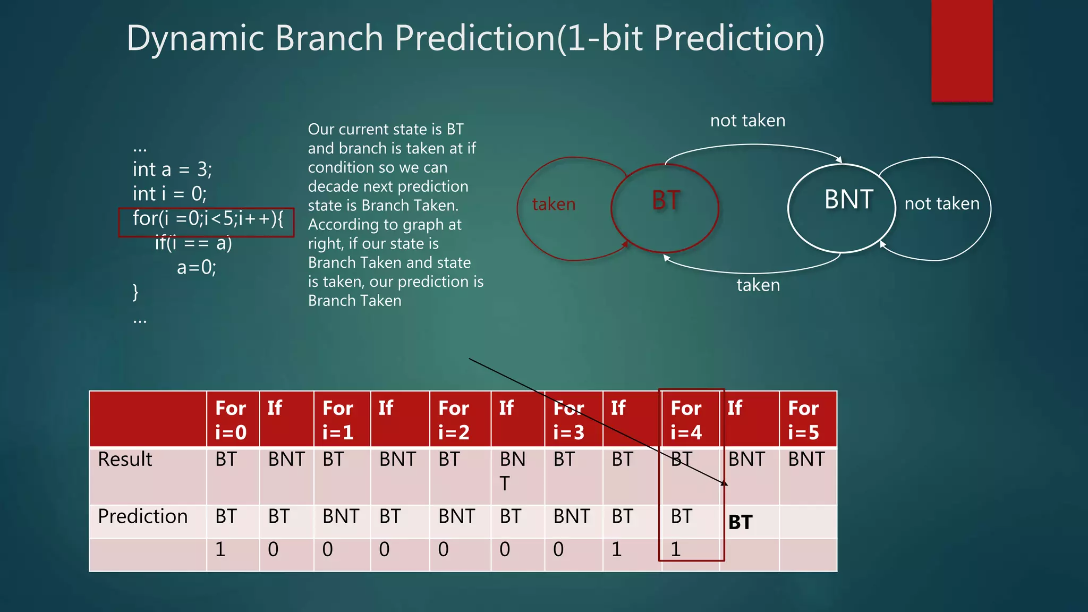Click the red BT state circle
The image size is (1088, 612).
(665, 208)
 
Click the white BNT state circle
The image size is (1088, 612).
(842, 208)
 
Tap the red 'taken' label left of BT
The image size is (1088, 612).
(554, 204)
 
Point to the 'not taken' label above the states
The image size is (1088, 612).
(747, 121)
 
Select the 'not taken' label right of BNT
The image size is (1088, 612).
(941, 203)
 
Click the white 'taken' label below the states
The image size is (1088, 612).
(758, 285)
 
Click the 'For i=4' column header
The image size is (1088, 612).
(686, 420)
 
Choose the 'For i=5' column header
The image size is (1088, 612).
(803, 420)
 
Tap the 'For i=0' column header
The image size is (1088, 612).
(231, 420)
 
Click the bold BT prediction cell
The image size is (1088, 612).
(741, 522)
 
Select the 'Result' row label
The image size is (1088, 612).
(125, 459)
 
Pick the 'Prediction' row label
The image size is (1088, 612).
(143, 516)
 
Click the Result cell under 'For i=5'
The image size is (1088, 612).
(806, 459)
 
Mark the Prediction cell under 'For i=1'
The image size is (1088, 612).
(341, 516)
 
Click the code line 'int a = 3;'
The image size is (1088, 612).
(173, 169)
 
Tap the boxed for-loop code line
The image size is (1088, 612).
(207, 219)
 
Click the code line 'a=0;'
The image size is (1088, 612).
(197, 267)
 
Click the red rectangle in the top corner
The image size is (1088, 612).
(962, 50)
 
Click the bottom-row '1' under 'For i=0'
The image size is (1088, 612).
(220, 549)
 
